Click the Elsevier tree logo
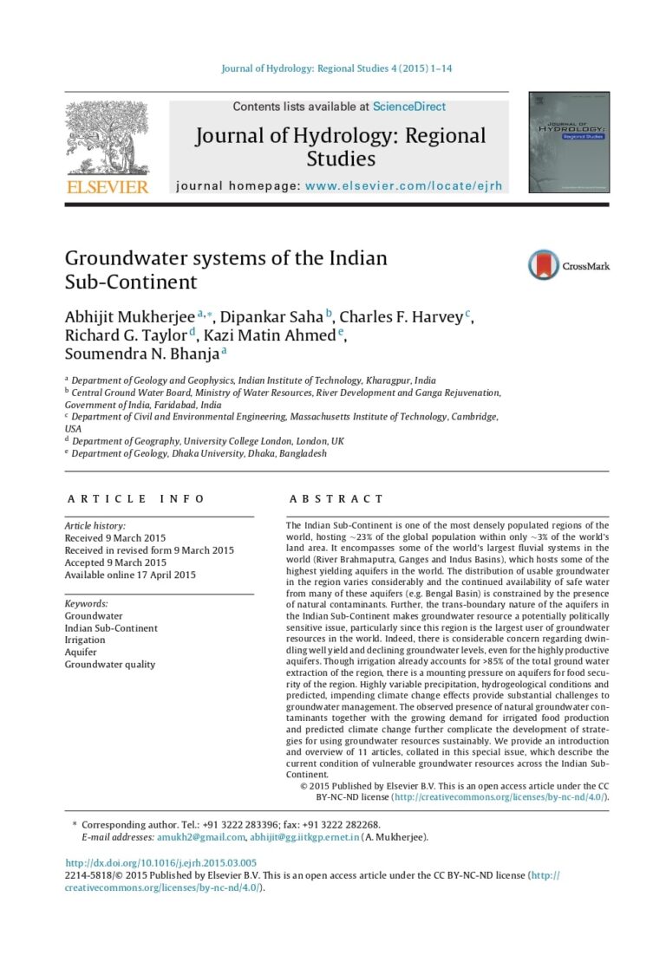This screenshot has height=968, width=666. click(108, 138)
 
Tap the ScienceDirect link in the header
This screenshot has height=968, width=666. click(409, 107)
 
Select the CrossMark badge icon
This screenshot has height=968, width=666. click(545, 264)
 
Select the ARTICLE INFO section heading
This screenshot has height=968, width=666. click(136, 498)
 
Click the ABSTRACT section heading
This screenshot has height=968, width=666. click(336, 498)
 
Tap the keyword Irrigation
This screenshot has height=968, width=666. click(85, 640)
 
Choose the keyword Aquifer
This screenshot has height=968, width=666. click(81, 652)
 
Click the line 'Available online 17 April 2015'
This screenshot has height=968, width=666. click(130, 575)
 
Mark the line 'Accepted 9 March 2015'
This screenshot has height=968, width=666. click(115, 562)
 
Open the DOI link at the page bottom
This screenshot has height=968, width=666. click(161, 863)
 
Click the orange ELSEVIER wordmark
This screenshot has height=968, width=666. click(108, 187)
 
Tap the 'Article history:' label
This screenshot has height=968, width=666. click(95, 526)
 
